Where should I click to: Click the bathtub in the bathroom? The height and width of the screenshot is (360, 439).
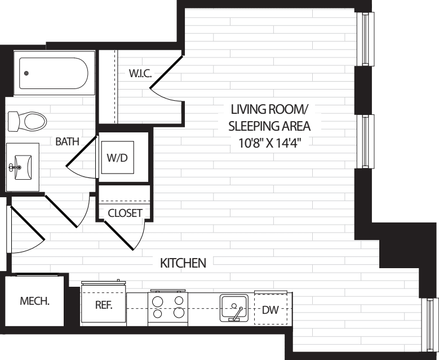pos(54,73)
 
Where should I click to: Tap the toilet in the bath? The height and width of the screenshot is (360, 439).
pos(28,120)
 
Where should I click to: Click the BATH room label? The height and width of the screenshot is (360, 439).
pos(67,142)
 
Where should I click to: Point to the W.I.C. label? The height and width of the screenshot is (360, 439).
pos(140,73)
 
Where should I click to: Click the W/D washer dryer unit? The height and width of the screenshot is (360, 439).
pos(117,157)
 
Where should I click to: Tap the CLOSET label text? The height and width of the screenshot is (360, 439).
pos(125,213)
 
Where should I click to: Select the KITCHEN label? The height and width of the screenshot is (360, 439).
pos(183,263)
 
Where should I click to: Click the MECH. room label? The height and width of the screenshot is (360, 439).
pos(35,301)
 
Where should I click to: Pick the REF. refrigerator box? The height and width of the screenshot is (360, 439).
pos(104,306)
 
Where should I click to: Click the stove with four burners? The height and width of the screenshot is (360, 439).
pos(168,308)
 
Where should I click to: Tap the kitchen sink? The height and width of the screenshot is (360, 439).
pos(233,307)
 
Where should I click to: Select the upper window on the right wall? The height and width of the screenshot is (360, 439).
pos(367,39)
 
